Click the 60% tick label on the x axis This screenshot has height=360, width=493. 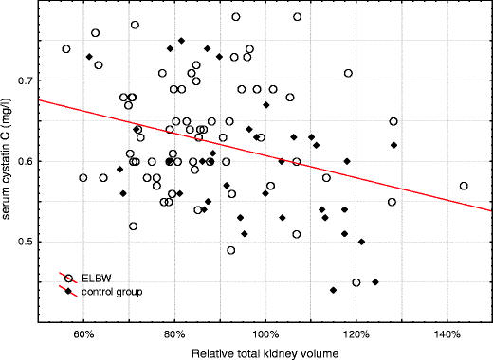[x=83, y=334]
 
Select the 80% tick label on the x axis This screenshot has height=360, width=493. [x=174, y=334]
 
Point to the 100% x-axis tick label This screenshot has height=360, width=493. [x=265, y=334]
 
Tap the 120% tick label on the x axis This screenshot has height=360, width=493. [x=356, y=334]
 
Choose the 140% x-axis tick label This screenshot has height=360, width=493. [x=447, y=334]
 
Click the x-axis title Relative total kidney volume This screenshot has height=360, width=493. [x=265, y=351]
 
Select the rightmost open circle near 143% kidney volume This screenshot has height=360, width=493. [x=464, y=187]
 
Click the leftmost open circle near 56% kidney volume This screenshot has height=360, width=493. [x=66, y=49]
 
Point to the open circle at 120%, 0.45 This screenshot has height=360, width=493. [x=356, y=282]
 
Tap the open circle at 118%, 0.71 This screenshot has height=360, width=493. [x=348, y=73]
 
